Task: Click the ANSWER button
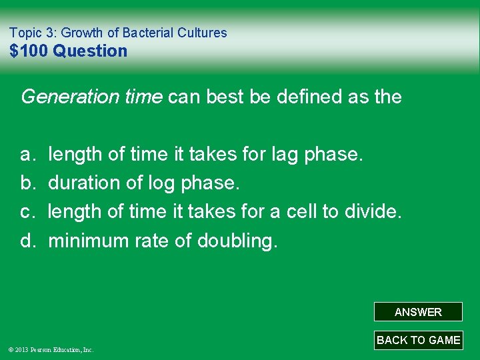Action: point(418,312)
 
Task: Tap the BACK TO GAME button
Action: point(418,340)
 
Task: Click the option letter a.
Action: point(27,155)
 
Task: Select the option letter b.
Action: point(27,183)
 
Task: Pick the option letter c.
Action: point(27,212)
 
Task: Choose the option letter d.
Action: point(27,241)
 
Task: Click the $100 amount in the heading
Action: point(29,51)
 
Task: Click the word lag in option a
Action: point(286,155)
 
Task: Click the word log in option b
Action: point(150,183)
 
